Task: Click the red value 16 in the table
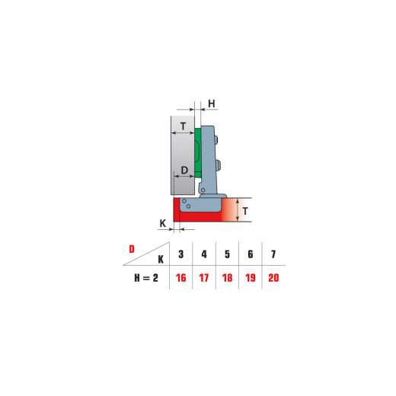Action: [181, 278]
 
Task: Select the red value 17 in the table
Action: [204, 278]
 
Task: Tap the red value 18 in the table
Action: [227, 278]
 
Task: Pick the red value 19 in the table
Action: [251, 278]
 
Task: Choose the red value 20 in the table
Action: [273, 278]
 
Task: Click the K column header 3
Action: [181, 254]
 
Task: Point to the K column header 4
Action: [204, 254]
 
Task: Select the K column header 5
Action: [227, 254]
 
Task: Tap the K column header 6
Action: [251, 254]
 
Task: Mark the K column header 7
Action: [273, 254]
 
